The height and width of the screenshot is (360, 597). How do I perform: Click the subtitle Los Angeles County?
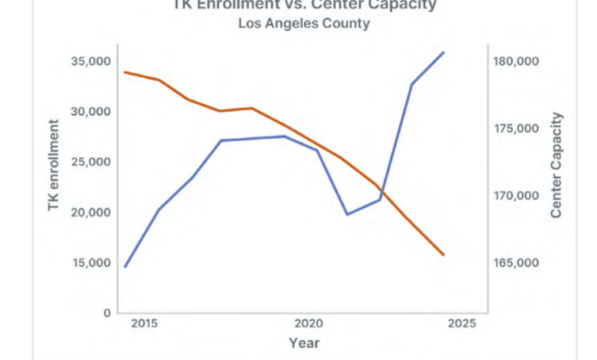pyautogui.click(x=304, y=24)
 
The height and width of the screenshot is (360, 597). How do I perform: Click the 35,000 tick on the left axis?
pyautogui.click(x=90, y=61)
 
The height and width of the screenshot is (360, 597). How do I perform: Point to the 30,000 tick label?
pyautogui.click(x=90, y=112)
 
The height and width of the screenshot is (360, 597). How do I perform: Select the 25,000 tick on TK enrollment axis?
pyautogui.click(x=90, y=162)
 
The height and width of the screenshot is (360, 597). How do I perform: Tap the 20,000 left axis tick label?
pyautogui.click(x=90, y=213)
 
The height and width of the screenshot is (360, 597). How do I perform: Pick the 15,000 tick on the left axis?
pyautogui.click(x=90, y=263)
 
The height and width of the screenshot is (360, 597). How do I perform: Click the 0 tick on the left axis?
pyautogui.click(x=107, y=313)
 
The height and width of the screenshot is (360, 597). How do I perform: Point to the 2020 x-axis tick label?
pyautogui.click(x=308, y=324)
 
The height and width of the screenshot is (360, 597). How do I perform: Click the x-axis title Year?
pyautogui.click(x=304, y=342)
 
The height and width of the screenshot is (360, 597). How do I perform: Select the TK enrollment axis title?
pyautogui.click(x=54, y=165)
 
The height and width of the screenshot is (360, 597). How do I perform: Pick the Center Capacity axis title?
pyautogui.click(x=557, y=165)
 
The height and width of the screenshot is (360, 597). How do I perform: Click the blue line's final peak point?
pyautogui.click(x=444, y=52)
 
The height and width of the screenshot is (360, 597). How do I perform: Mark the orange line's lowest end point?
pyautogui.click(x=444, y=255)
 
